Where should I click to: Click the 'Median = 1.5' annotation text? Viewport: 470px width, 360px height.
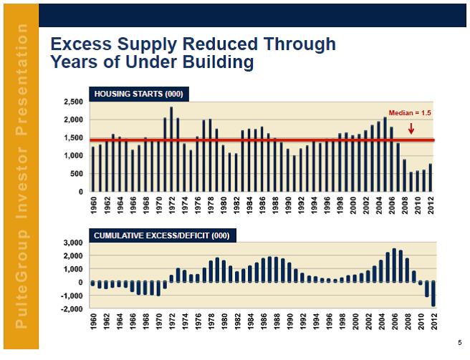410,113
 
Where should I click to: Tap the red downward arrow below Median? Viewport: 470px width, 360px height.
411,129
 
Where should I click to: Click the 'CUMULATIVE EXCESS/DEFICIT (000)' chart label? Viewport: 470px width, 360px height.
160,235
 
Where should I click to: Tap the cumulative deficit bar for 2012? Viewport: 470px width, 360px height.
433,294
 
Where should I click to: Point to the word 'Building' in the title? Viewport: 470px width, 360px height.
220,63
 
